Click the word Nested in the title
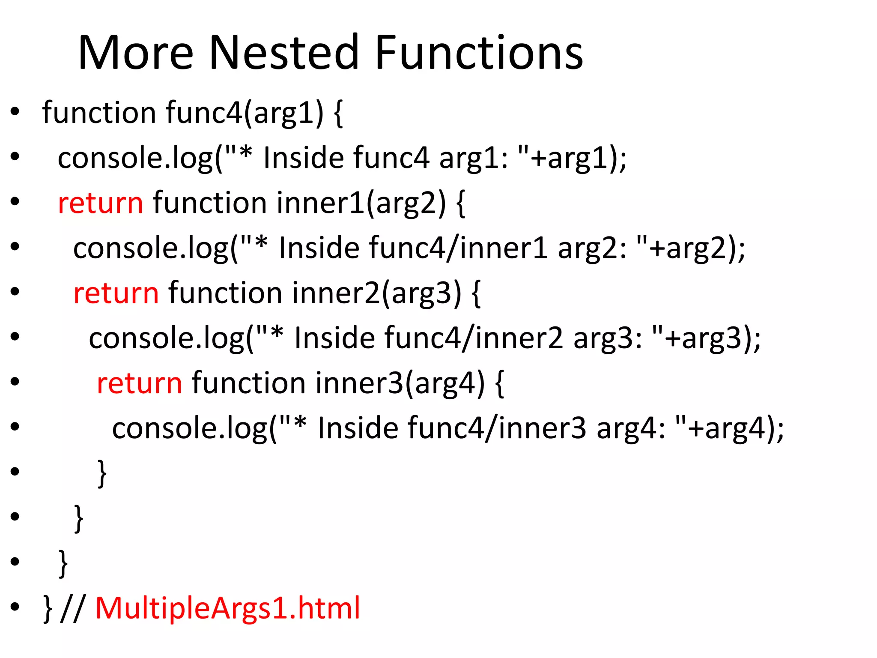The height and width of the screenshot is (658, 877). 283,53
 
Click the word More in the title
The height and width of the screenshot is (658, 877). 136,53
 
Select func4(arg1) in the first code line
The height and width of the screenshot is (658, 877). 245,113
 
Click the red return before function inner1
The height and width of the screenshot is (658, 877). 100,203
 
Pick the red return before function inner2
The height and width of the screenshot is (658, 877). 116,293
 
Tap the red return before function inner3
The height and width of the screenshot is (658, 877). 139,383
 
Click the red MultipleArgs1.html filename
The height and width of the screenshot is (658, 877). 227,608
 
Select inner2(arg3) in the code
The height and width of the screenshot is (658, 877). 377,293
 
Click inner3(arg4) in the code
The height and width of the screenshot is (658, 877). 400,383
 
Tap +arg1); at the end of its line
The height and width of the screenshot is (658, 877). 578,158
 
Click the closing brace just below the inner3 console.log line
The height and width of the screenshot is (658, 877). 102,474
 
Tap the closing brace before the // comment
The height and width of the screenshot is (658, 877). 48,609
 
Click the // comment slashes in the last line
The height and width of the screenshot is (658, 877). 73,608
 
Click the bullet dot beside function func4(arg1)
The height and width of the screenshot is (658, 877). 15,112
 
